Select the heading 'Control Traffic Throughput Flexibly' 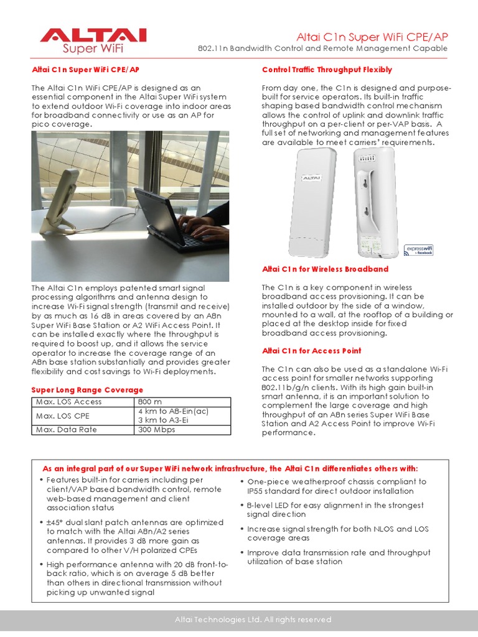[327, 70]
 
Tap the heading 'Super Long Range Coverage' [87, 390]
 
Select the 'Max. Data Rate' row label [66, 430]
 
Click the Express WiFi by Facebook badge [419, 250]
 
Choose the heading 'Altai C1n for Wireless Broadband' [325, 269]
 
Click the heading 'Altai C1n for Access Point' [312, 351]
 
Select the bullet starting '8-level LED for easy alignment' [335, 510]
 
